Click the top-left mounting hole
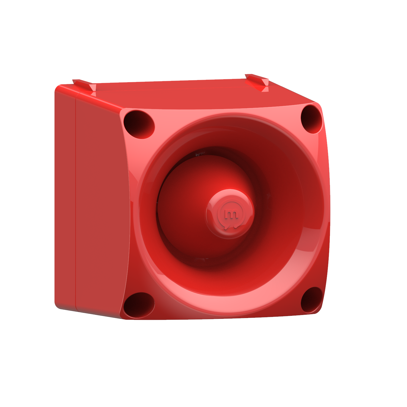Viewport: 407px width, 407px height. point(139,124)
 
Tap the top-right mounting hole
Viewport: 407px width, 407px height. point(311,119)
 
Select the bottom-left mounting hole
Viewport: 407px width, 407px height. point(139,305)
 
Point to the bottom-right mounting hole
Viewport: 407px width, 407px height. point(311,300)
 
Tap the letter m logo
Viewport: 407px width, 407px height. point(231,214)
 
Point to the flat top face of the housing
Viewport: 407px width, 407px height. point(190,95)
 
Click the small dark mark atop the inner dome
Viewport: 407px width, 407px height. point(200,154)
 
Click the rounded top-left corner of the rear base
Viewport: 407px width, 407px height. point(58,88)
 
